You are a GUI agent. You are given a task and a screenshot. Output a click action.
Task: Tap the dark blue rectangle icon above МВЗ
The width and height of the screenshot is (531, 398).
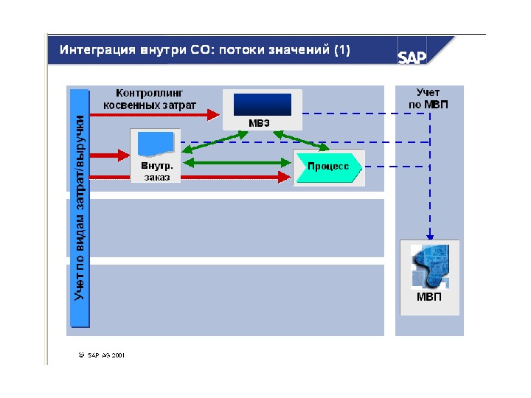263,104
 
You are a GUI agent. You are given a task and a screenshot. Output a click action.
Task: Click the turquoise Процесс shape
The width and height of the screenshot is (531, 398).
328,167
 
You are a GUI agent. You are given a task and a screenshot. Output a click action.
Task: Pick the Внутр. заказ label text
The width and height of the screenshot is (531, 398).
157,172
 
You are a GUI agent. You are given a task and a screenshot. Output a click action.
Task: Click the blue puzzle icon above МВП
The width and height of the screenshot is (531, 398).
430,266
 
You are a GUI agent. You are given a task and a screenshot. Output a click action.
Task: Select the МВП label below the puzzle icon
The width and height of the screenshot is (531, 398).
429,298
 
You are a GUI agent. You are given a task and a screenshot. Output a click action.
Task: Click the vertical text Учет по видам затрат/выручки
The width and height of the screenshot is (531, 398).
80,206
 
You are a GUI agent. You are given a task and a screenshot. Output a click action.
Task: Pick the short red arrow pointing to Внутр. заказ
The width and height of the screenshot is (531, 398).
110,155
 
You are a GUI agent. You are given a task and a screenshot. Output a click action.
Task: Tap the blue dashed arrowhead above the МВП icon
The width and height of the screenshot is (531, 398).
430,231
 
